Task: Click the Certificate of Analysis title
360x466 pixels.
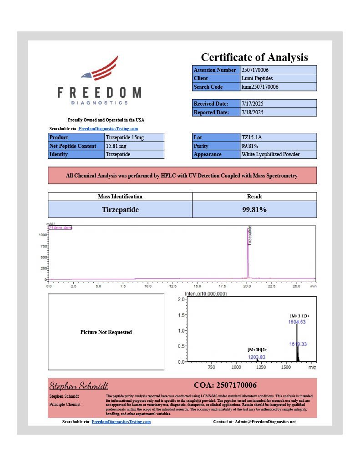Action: [x=254, y=57]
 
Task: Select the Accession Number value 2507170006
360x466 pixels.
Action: [x=257, y=70]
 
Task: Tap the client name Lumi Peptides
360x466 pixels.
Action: [x=256, y=78]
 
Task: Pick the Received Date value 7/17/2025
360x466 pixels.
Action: [x=252, y=104]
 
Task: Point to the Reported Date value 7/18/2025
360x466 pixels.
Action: [x=252, y=112]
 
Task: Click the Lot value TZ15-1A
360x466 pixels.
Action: [x=252, y=137]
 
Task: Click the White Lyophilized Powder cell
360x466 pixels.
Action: [x=270, y=154]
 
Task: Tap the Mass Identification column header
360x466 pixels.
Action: [x=120, y=197]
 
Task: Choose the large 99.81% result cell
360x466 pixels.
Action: [x=254, y=210]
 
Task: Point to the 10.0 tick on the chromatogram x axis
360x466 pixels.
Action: [x=148, y=286]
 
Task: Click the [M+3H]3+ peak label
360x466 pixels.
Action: [x=299, y=315]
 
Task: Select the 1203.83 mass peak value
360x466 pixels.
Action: [x=257, y=357]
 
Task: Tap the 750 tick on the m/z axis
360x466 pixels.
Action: [x=212, y=367]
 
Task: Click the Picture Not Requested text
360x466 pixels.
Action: [x=106, y=332]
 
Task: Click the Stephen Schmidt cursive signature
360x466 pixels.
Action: [x=76, y=386]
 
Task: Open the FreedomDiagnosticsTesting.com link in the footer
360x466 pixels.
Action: [x=121, y=422]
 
